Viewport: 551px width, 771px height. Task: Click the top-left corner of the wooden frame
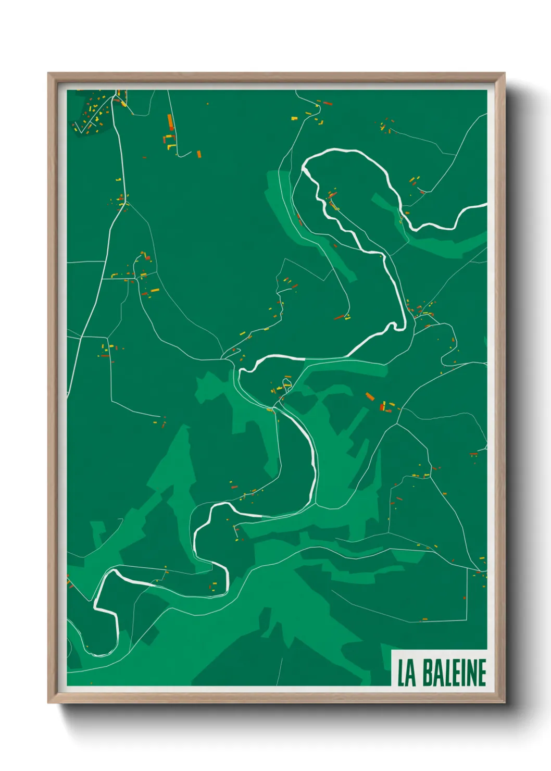coord(48,73)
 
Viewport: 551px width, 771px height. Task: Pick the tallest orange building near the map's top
coord(170,122)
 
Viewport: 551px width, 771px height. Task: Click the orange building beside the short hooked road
coord(198,154)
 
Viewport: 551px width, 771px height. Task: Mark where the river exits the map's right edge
coord(485,205)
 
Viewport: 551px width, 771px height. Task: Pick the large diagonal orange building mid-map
coord(370,396)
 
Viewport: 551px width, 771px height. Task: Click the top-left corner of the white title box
coord(392,651)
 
